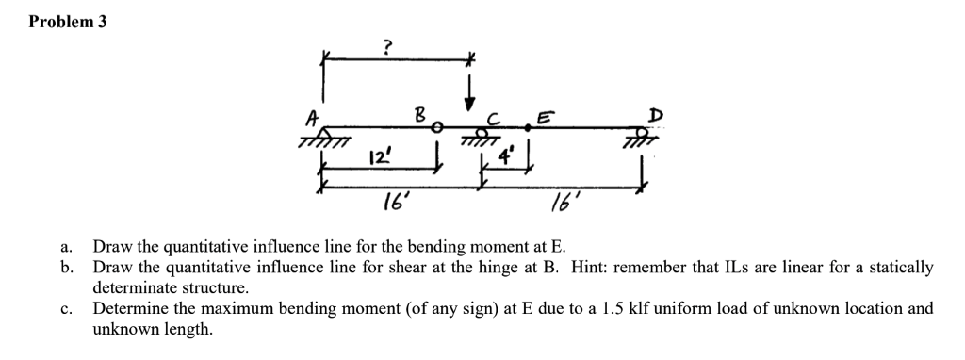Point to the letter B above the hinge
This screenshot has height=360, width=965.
tap(422, 116)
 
